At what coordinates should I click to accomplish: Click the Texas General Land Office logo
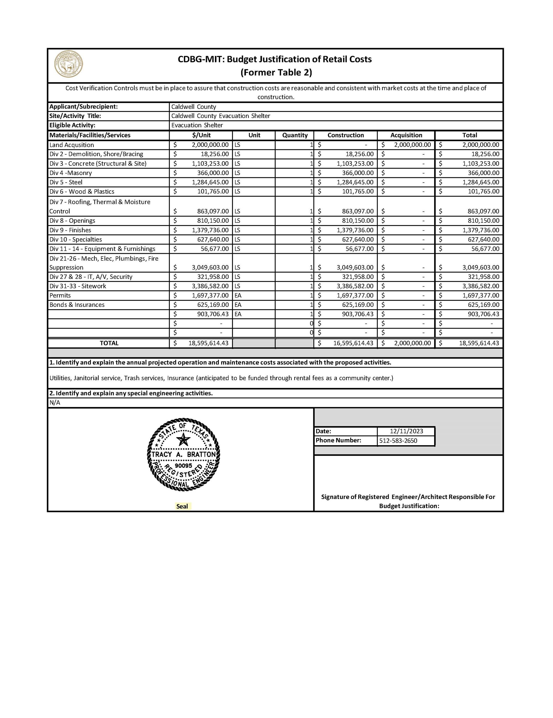point(69,64)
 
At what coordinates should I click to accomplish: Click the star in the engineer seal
point(183,440)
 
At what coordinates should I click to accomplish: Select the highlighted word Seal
point(182,506)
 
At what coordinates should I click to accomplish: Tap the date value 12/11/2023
point(406,431)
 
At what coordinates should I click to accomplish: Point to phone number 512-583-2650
point(398,440)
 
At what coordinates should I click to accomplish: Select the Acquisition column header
point(406,135)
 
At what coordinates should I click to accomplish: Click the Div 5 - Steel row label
point(66,182)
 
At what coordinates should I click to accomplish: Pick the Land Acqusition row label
point(72,145)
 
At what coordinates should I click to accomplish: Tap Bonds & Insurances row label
point(77,305)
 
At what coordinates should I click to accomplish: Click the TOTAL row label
point(109,343)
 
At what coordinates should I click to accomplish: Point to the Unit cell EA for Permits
point(238,295)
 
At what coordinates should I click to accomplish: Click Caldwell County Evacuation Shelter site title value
point(221,116)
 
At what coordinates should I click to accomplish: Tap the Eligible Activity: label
point(72,125)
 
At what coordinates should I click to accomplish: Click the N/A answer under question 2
point(55,402)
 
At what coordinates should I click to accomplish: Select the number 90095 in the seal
point(183,466)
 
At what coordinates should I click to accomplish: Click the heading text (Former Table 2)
point(276,72)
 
